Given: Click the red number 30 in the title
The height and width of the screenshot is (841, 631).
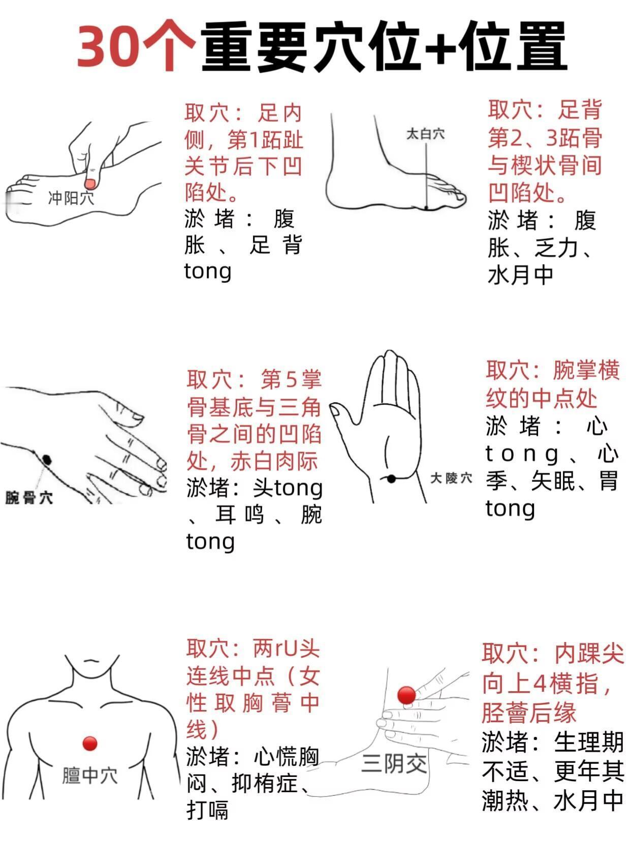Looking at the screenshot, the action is (109, 47).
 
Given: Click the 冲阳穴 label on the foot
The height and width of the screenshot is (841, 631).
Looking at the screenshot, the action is (71, 198).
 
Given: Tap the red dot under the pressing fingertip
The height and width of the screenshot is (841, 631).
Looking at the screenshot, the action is (90, 184).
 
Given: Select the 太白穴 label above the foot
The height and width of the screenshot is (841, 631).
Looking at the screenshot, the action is (425, 134).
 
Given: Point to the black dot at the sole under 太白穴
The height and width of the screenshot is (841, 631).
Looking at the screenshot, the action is (426, 208).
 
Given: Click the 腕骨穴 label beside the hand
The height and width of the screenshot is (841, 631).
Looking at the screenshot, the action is (29, 498).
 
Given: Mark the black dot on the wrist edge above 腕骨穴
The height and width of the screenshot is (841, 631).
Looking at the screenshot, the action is (47, 460).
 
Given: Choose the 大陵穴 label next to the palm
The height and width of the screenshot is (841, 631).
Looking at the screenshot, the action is (451, 478).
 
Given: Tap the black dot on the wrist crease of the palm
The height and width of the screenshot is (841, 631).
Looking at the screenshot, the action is (392, 478).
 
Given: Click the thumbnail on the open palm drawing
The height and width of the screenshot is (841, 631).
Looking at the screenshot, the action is (335, 411).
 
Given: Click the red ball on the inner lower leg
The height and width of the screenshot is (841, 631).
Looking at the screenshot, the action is (406, 695).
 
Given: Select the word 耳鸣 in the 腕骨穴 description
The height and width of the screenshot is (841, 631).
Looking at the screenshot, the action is (239, 514).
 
